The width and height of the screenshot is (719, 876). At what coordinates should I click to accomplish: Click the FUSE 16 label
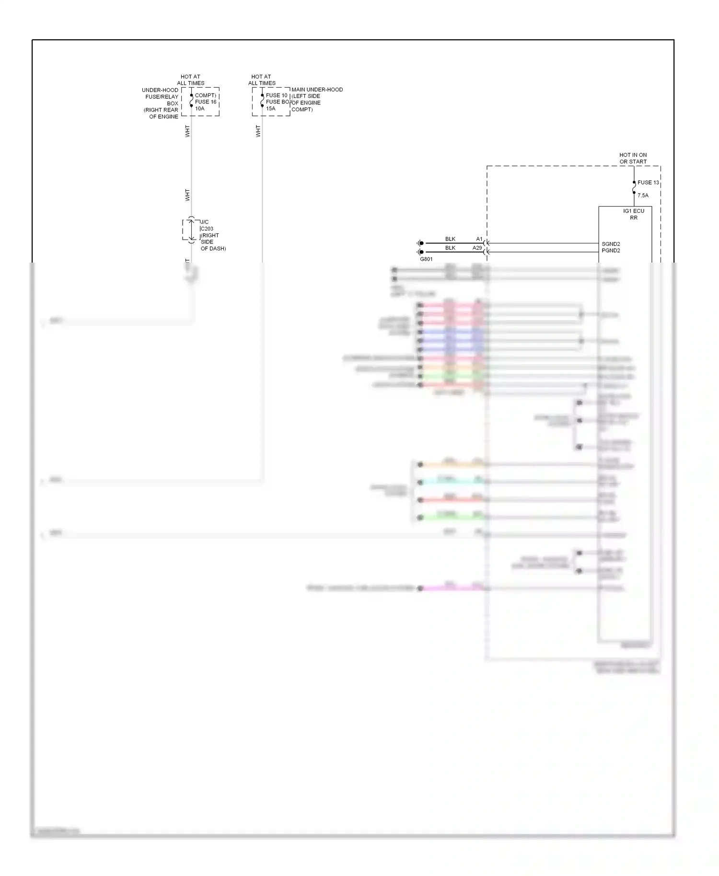[x=206, y=102]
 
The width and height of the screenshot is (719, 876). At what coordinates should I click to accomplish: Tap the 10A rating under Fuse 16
[x=199, y=109]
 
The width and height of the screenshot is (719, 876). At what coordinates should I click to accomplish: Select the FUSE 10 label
[x=277, y=95]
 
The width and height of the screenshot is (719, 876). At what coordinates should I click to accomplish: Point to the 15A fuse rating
[x=270, y=109]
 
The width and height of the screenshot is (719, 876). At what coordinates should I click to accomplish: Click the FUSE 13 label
[x=648, y=183]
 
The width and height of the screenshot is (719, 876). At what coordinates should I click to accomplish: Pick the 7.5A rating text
[x=643, y=196]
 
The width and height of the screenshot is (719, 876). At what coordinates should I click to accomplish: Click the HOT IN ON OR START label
[x=633, y=158]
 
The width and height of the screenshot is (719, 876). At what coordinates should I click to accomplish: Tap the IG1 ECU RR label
[x=634, y=214]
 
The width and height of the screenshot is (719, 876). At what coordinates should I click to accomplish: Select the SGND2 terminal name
[x=611, y=244]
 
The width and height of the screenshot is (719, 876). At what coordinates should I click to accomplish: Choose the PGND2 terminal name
[x=611, y=251]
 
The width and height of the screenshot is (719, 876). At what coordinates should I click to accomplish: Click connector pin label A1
[x=479, y=239]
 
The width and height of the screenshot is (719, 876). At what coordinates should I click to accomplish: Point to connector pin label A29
[x=477, y=248]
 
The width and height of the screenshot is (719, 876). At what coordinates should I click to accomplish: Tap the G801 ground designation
[x=426, y=259]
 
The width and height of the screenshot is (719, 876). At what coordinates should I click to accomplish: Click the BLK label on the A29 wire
[x=450, y=248]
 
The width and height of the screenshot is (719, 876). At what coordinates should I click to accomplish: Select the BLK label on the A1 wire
[x=450, y=239]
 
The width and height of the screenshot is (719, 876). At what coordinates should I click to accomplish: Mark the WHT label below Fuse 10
[x=258, y=131]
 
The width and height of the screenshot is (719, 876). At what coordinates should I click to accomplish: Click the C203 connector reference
[x=207, y=229]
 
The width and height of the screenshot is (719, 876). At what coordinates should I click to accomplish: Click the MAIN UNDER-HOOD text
[x=317, y=90]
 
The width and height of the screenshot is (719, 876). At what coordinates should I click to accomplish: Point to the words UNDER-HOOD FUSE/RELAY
[x=161, y=93]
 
